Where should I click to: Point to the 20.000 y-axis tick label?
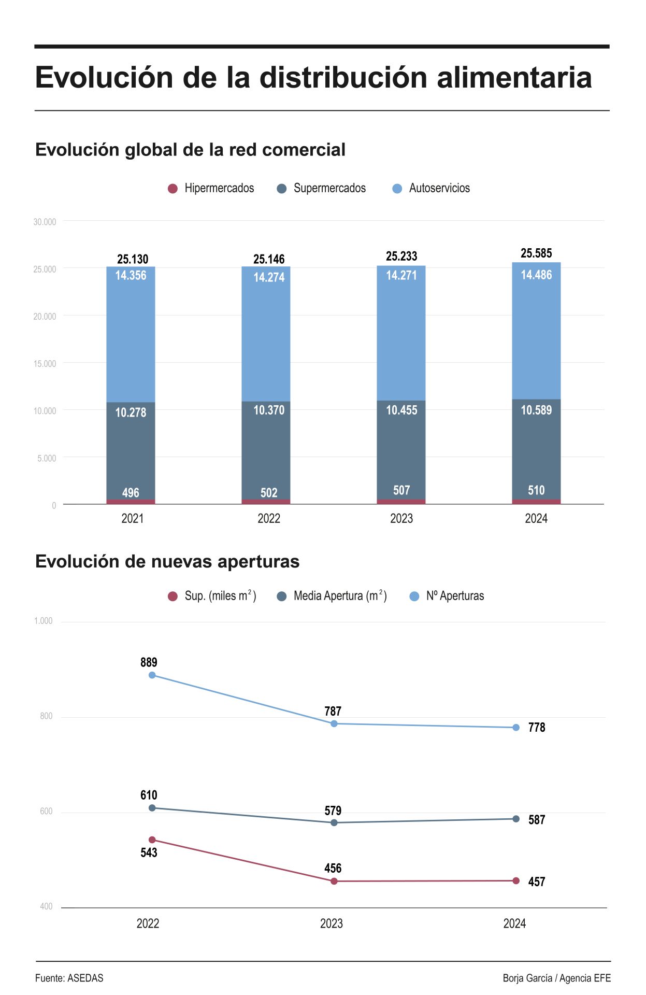point(45,316)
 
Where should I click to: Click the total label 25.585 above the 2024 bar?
point(536,253)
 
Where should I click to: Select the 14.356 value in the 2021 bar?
point(131,275)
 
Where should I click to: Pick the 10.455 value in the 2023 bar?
point(401,410)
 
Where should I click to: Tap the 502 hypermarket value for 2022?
point(269,492)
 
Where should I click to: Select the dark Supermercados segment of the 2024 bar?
point(536,451)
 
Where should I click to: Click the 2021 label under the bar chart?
point(133,518)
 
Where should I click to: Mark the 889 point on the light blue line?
point(152,675)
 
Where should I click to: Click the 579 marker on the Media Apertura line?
point(334,822)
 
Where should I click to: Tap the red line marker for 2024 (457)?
point(516,880)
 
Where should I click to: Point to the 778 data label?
point(537,727)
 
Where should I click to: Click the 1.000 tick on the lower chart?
point(44,621)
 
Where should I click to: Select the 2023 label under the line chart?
point(332,923)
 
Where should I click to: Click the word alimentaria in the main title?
point(514,78)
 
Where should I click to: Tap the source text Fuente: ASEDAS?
point(69,978)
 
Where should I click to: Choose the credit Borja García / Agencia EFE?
point(556,978)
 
